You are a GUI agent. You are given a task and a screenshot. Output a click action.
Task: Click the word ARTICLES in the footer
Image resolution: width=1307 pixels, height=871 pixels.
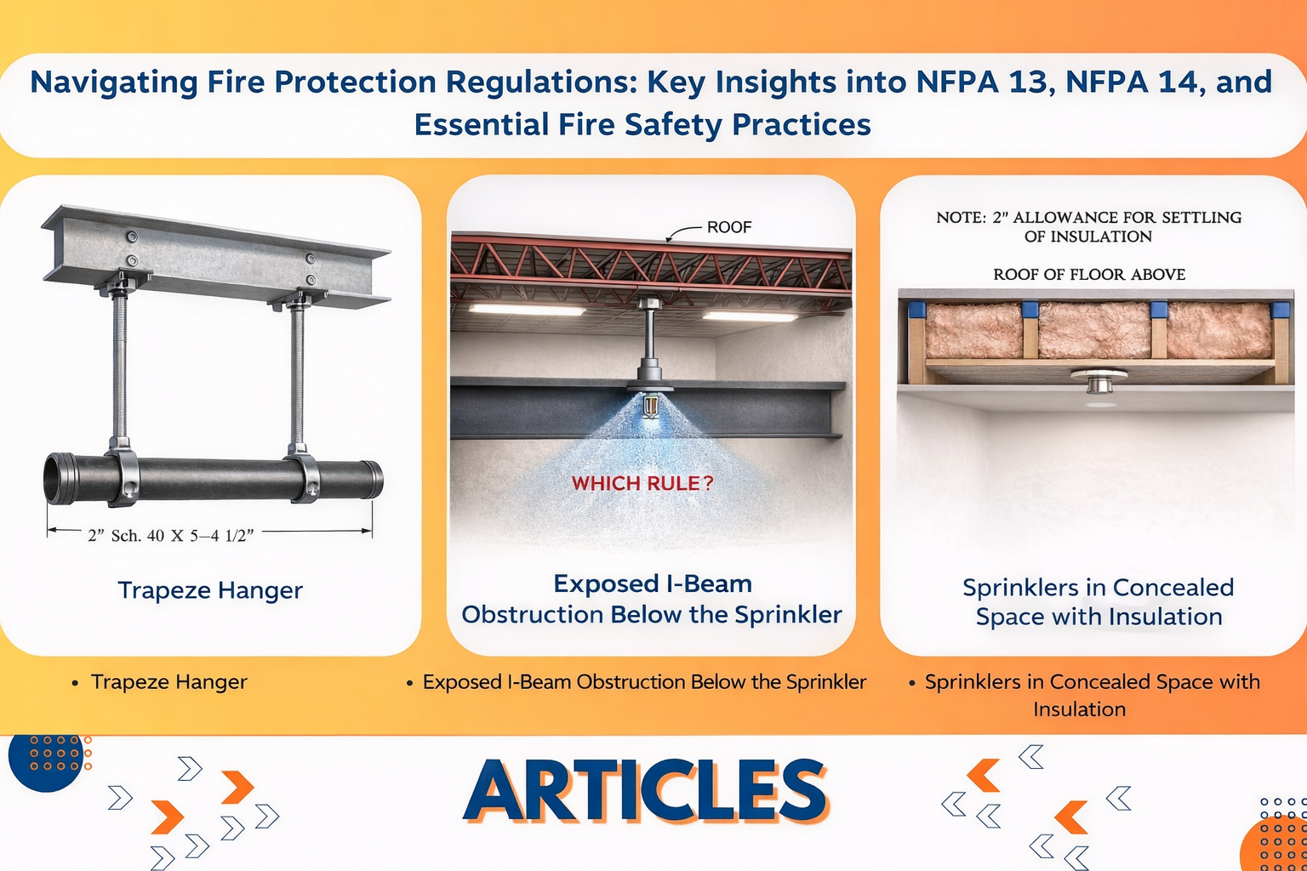[645, 790]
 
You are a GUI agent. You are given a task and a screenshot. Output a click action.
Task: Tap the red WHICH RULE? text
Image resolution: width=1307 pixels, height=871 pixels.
[642, 483]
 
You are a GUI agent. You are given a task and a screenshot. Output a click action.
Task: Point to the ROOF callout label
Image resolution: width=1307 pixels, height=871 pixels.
[729, 227]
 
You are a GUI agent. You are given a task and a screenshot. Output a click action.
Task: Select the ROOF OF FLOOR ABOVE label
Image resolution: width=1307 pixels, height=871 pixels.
[1089, 274]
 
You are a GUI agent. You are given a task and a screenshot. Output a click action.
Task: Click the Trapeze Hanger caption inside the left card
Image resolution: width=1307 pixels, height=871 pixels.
[210, 589]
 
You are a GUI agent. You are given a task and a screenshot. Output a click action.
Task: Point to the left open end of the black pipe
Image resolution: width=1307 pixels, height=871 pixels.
[54, 478]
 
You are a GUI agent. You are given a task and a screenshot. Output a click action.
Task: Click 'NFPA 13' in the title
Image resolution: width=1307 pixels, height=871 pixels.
[985, 82]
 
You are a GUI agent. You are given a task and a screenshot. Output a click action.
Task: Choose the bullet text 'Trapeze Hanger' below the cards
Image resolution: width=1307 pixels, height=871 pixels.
[169, 682]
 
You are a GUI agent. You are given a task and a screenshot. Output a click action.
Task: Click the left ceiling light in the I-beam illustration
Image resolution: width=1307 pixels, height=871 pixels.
[527, 310]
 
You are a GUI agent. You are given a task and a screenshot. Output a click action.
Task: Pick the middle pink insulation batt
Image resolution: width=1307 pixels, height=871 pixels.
[1094, 329]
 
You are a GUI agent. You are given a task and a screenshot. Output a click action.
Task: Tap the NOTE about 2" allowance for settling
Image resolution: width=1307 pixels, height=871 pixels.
[1089, 227]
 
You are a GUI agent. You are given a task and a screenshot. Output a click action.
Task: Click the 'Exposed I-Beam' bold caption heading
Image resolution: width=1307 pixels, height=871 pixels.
[653, 584]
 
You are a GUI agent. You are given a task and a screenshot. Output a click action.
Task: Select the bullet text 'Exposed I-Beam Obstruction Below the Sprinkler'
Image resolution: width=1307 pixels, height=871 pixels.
[644, 682]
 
